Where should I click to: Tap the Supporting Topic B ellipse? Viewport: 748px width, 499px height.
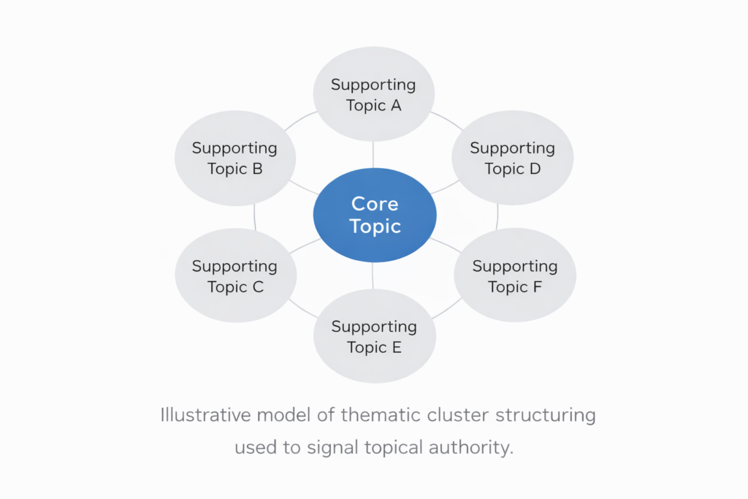pyautogui.click(x=235, y=159)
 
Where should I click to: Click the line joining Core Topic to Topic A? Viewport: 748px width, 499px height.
pyautogui.click(x=373, y=154)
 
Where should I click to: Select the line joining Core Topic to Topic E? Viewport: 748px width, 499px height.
pyautogui.click(x=373, y=275)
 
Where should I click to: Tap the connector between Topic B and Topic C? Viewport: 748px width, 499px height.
pyautogui.click(x=255, y=216)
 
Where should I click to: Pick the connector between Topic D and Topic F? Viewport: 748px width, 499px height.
pyautogui.click(x=497, y=216)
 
